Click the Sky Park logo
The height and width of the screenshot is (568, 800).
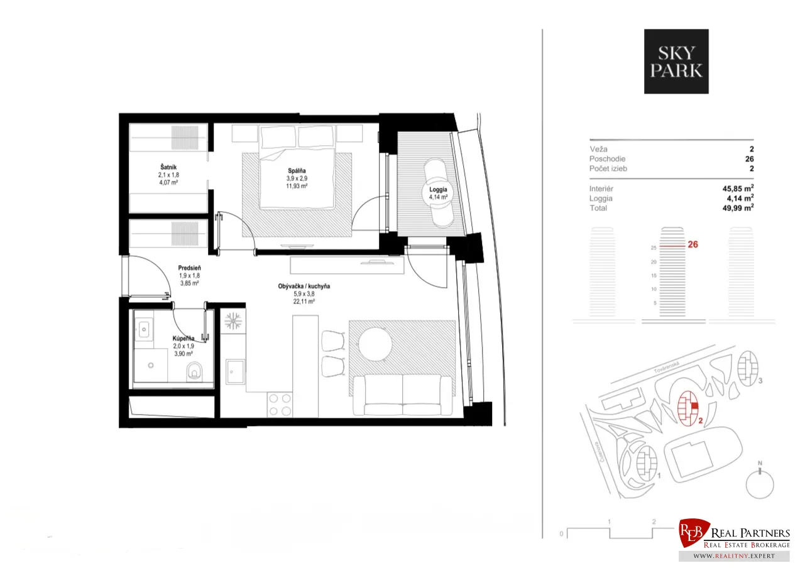point(676,62)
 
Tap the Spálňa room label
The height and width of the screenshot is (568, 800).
point(297,171)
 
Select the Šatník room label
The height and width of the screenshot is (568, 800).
point(168,167)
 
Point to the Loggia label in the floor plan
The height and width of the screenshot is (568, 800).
point(438,190)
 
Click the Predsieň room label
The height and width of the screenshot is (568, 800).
point(189,268)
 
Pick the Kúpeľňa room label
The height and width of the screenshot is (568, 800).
point(184,338)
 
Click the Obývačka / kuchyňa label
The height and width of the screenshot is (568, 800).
point(304,286)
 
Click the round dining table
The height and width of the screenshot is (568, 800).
point(375,344)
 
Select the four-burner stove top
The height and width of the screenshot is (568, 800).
point(280,405)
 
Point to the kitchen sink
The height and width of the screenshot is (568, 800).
point(236,371)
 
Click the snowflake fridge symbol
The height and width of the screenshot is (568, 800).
point(233,321)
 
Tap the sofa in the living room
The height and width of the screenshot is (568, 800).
point(402,395)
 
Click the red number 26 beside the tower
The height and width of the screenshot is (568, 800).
point(693,244)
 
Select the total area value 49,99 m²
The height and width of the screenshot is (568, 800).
point(738,208)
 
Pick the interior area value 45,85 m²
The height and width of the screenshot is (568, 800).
point(738,188)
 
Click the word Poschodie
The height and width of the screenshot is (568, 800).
point(607,159)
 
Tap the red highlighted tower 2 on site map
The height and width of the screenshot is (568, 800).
point(688,408)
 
